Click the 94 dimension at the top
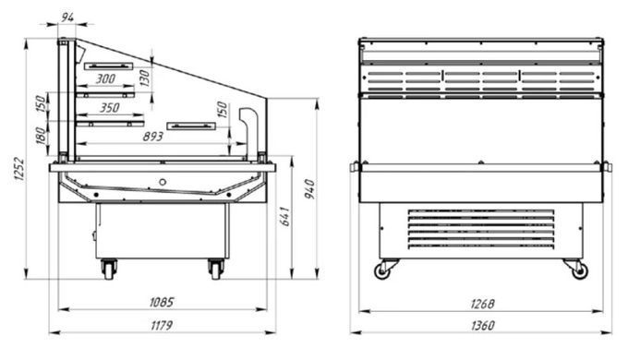[68, 18]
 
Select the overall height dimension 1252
[18, 170]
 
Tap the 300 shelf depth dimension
[105, 78]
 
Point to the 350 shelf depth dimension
[109, 108]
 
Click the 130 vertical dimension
[145, 78]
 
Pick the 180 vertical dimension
[41, 136]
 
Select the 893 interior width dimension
[153, 137]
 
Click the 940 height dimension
[309, 189]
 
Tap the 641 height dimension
[284, 216]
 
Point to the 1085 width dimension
[162, 302]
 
